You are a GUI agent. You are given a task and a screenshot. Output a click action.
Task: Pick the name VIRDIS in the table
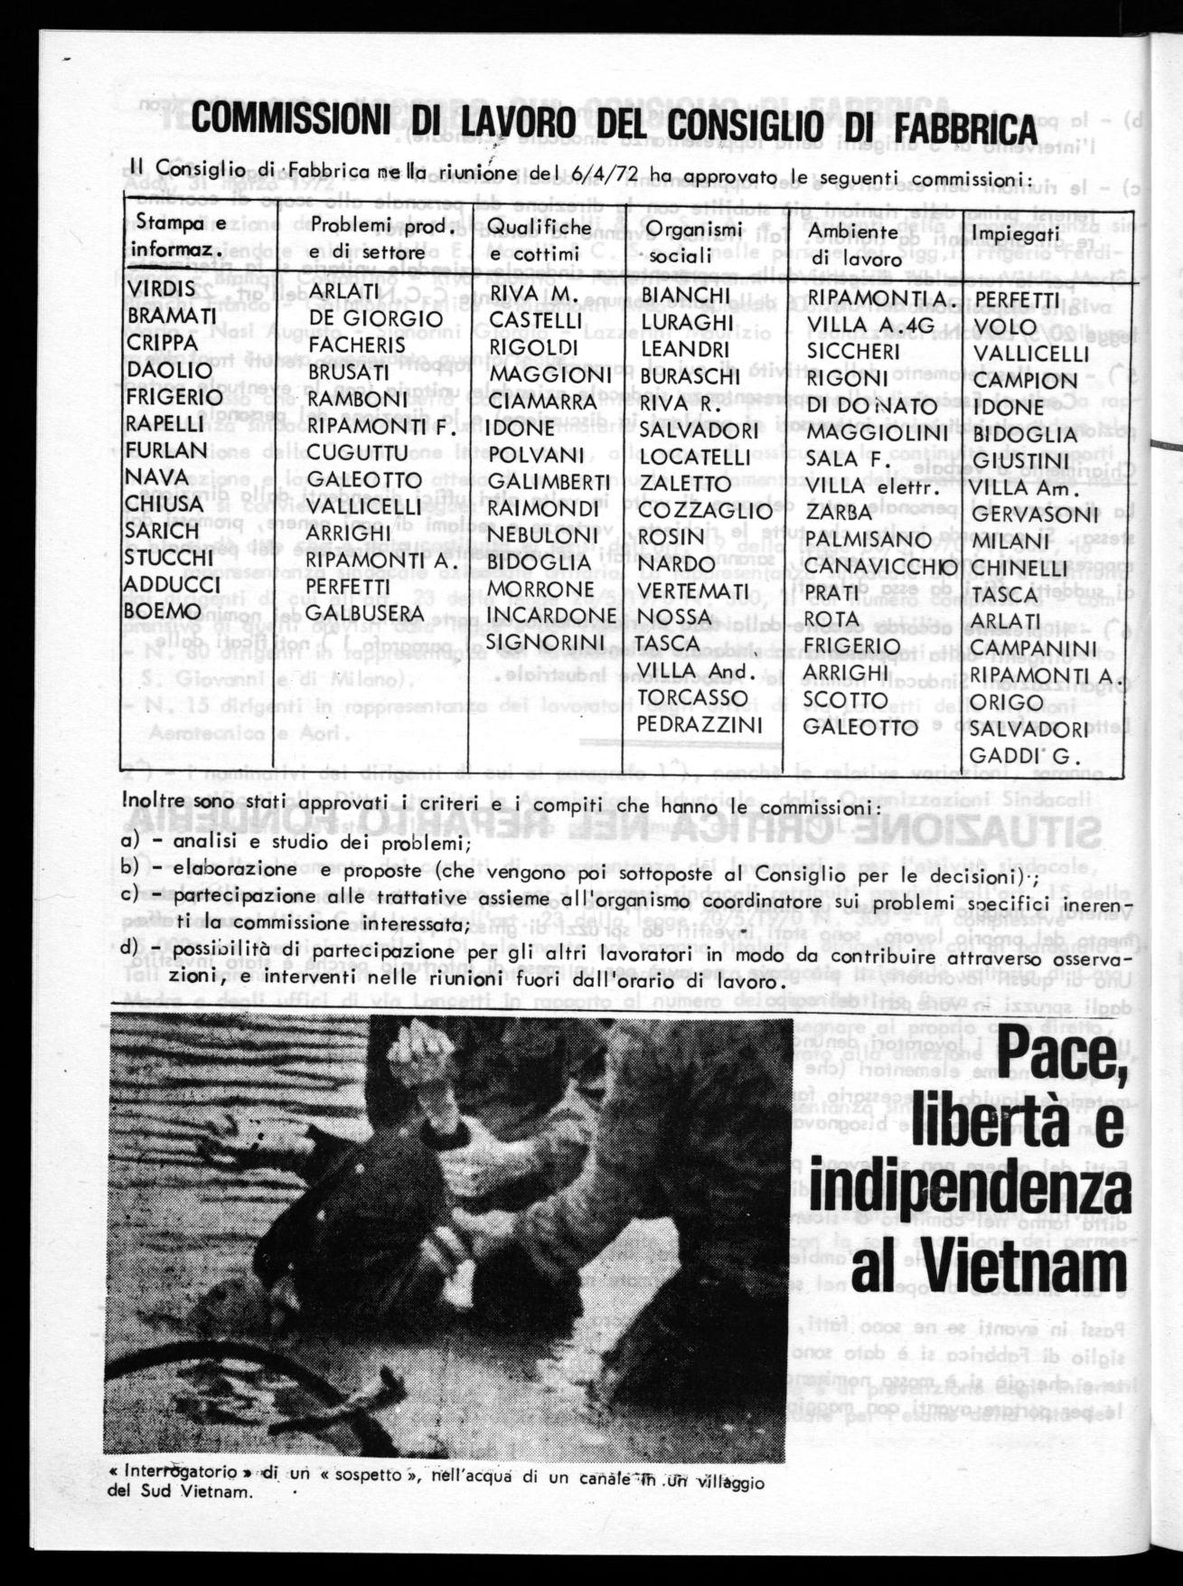coord(162,289)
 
